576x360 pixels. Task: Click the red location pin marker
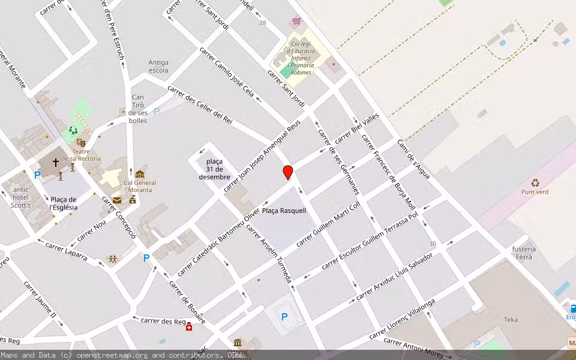coord(288,172)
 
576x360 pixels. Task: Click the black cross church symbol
coord(56,162)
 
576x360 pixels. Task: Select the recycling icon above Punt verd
coord(535,182)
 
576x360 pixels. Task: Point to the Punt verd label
coord(535,192)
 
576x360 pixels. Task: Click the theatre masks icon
coord(81,142)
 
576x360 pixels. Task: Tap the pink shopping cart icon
coord(295,22)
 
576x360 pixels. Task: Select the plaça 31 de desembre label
coord(214,169)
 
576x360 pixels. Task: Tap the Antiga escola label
coord(158,66)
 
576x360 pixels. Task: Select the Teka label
coord(511,320)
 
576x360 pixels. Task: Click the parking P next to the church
coord(37,175)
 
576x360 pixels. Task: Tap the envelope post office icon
coord(116,200)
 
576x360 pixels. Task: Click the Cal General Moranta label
coord(140,187)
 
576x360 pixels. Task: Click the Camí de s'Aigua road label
coord(413,159)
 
